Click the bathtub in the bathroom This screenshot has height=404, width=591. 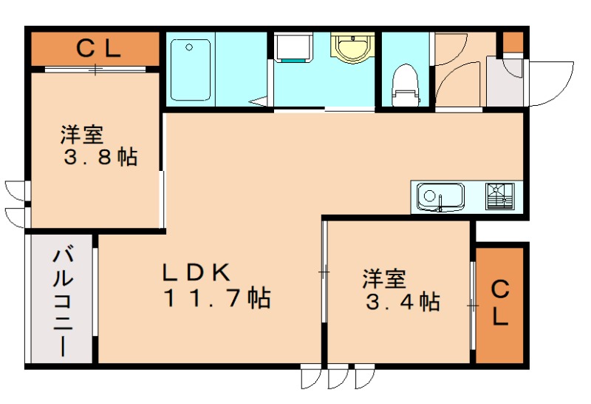[x=191, y=70]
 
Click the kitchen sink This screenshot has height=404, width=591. [x=440, y=197]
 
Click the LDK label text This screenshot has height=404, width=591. [x=197, y=271]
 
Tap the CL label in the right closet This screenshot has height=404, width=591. [x=500, y=303]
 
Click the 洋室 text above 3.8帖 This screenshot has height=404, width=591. [x=82, y=135]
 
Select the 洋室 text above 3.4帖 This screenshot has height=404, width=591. [x=383, y=279]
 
